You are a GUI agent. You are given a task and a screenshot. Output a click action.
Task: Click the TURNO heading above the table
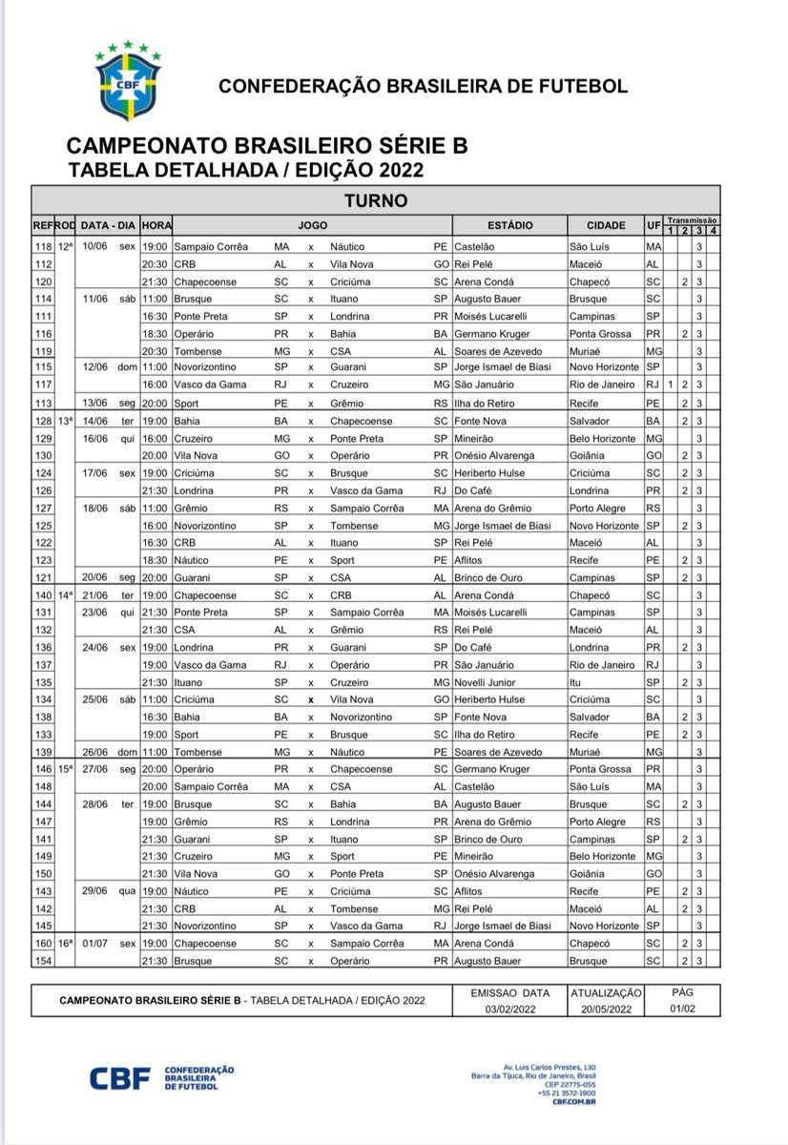tap(377, 200)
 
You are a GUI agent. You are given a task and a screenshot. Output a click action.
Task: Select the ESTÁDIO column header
tap(510, 226)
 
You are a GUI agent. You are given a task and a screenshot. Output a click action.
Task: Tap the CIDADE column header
tap(606, 226)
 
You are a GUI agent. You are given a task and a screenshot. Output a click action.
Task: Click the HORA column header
tap(156, 226)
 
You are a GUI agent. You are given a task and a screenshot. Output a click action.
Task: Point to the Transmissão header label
tap(693, 219)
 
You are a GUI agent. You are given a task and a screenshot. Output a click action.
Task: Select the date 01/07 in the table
tap(95, 943)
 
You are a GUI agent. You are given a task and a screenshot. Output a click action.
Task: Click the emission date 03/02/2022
tap(511, 1008)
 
